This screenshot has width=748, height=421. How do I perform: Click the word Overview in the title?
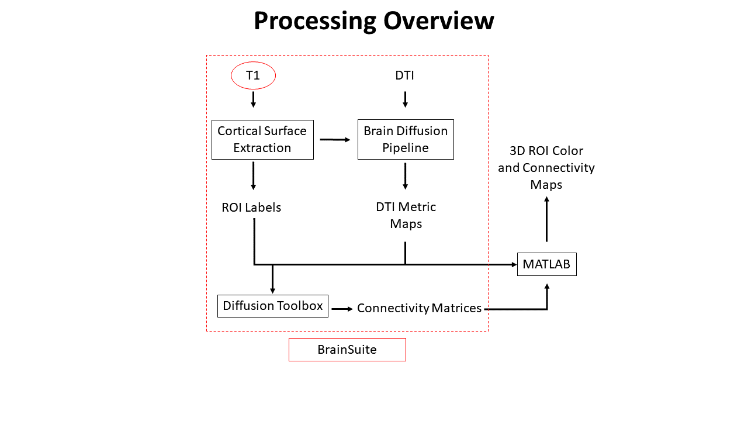(439, 20)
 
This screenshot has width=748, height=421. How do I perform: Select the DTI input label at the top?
(405, 75)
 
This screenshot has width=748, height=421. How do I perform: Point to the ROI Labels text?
(251, 208)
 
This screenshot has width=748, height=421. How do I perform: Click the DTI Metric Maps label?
(406, 215)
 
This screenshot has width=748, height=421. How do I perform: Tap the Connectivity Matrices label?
(419, 308)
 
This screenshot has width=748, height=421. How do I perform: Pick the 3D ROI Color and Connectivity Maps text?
(546, 168)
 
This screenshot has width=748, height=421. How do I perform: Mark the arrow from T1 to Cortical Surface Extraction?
(254, 99)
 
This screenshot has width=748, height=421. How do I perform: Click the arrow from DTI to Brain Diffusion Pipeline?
(405, 99)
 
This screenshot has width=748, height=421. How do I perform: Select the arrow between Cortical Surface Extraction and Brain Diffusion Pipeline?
(335, 140)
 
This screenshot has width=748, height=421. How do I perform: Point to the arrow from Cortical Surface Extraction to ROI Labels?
(254, 176)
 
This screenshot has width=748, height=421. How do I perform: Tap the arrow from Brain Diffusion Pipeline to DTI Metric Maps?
(405, 176)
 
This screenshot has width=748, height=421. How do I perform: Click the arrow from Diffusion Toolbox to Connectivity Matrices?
(342, 309)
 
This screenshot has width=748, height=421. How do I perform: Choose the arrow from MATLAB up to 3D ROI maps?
(546, 219)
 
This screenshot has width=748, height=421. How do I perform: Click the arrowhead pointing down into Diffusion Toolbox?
(272, 291)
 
